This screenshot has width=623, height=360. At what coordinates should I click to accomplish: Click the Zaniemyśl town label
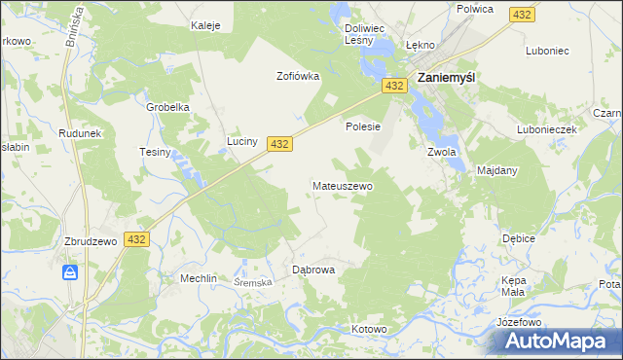pos(446,77)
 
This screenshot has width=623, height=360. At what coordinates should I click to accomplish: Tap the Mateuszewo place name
pos(342,185)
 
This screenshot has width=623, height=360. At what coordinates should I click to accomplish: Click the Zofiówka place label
pos(298,76)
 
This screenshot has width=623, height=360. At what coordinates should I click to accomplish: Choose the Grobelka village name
pos(166,107)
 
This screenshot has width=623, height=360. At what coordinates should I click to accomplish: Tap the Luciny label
pos(242,142)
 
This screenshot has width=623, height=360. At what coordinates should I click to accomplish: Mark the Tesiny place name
pos(156,152)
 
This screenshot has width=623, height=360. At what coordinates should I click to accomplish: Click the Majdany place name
pos(497,170)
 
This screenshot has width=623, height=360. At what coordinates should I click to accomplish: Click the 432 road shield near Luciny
pos(279,143)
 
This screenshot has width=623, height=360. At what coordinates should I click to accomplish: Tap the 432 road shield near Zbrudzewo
pos(136,239)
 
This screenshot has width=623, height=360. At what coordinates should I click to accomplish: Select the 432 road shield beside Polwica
pos(522,15)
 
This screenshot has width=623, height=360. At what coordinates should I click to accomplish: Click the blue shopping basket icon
pos(71,272)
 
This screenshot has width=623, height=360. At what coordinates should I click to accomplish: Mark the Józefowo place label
pos(518,321)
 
